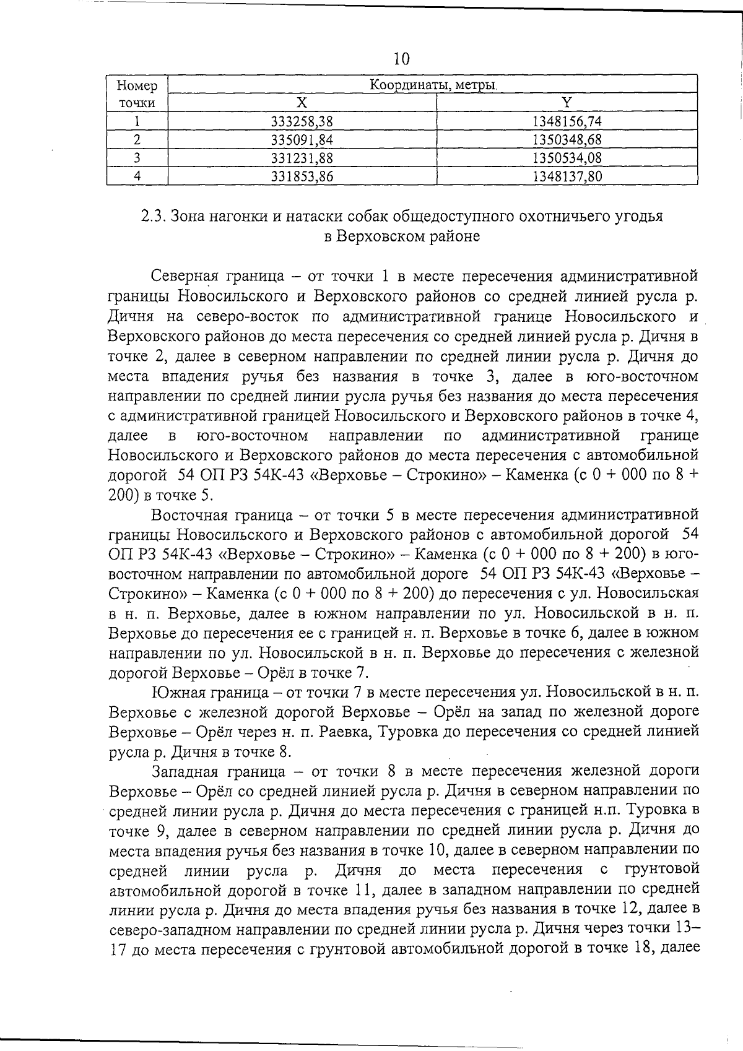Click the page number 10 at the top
pos(401,59)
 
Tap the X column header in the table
pos(302,103)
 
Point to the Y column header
pos(567,103)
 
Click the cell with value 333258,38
pos(302,121)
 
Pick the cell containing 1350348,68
pos(567,139)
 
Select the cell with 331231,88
pos(302,158)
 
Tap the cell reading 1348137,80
pos(567,176)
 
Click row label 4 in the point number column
pos(137,176)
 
